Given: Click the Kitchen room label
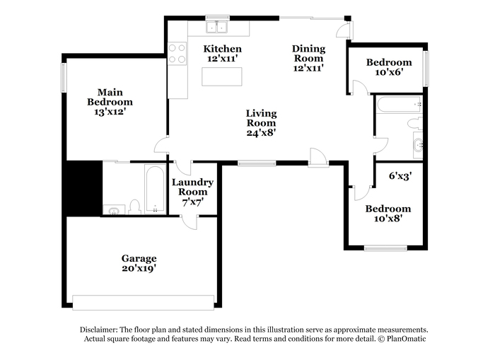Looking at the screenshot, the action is point(222,49).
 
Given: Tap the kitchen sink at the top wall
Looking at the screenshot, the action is point(217,27).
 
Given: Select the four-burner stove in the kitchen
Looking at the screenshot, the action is point(177,54).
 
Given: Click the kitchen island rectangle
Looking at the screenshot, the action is point(222,76).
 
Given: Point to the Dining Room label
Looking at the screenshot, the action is point(308,53).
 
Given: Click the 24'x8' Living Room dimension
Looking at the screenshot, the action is point(261,133).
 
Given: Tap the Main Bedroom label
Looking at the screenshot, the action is point(110,97).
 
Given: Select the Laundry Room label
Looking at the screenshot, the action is point(192,187).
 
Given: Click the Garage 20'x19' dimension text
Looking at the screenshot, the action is point(139,269).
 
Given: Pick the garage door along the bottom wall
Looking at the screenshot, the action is point(144,303).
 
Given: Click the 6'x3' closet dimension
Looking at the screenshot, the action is point(400,175).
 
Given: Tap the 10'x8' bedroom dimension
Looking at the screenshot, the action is point(388,219).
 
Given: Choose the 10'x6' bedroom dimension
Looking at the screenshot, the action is point(389,72).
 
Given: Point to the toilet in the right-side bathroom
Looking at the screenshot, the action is point(415,123).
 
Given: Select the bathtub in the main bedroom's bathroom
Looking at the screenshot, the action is point(155,189).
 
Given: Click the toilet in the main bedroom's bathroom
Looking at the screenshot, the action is point(135,207).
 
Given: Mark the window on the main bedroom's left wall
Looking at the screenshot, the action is point(64,78).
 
